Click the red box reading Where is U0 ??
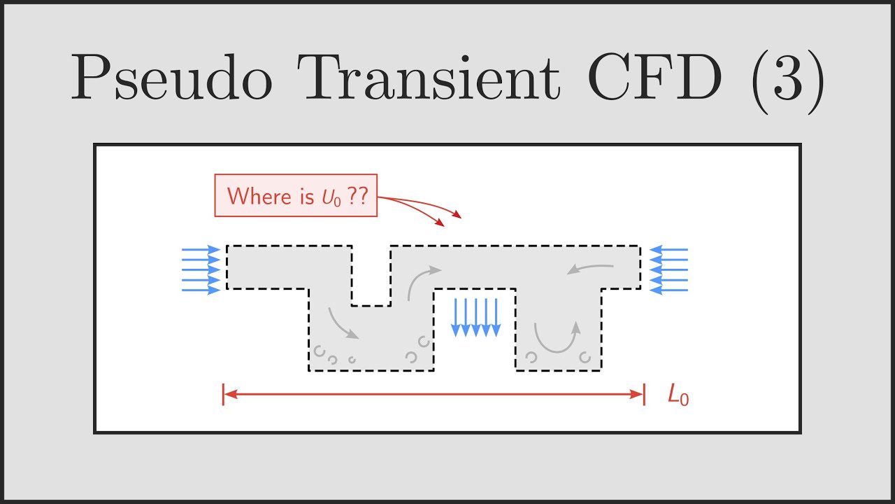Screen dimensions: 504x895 pos(296,195)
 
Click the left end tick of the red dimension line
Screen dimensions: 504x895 pos(224,394)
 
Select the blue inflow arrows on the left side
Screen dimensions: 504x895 pos(201,269)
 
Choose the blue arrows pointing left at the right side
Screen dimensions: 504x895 pos(668,269)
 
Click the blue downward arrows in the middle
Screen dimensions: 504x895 pos(476,317)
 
